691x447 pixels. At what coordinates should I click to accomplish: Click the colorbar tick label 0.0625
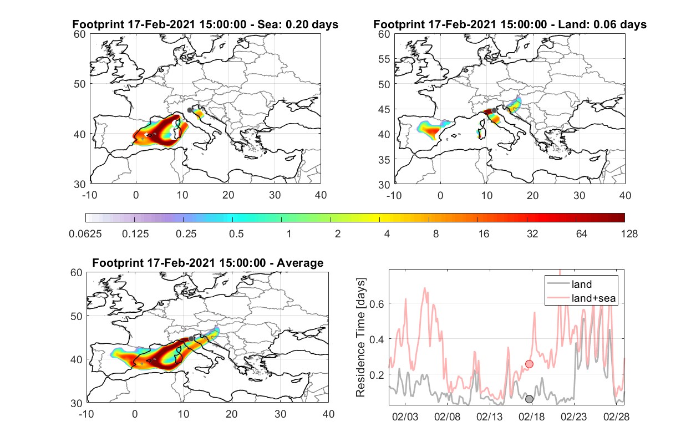pyautogui.click(x=85, y=234)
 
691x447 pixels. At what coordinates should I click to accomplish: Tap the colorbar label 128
pyautogui.click(x=629, y=234)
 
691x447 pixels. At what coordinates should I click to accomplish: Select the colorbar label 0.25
pyautogui.click(x=186, y=234)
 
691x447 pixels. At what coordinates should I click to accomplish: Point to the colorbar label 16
pyautogui.click(x=484, y=234)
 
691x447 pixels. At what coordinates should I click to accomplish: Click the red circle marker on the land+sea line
pyautogui.click(x=529, y=364)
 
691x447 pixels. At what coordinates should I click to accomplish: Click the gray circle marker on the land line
pyautogui.click(x=529, y=399)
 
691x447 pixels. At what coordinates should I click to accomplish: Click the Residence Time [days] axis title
pyautogui.click(x=360, y=338)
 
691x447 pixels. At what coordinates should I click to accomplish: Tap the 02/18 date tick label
pyautogui.click(x=531, y=417)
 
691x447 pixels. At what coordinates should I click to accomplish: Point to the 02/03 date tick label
pyautogui.click(x=405, y=417)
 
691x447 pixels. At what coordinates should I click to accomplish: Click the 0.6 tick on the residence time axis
pyautogui.click(x=377, y=304)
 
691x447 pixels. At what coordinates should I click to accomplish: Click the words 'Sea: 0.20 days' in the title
pyautogui.click(x=298, y=24)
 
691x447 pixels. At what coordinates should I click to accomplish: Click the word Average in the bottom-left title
pyautogui.click(x=300, y=263)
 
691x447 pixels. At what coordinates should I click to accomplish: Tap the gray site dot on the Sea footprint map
pyautogui.click(x=190, y=110)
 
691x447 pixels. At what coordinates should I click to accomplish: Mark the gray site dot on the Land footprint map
pyautogui.click(x=494, y=110)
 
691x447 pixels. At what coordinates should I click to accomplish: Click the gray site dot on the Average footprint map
pyautogui.click(x=191, y=339)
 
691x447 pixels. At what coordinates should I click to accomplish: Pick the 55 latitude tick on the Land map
pyautogui.click(x=384, y=59)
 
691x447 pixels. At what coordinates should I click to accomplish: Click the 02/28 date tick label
pyautogui.click(x=616, y=417)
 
